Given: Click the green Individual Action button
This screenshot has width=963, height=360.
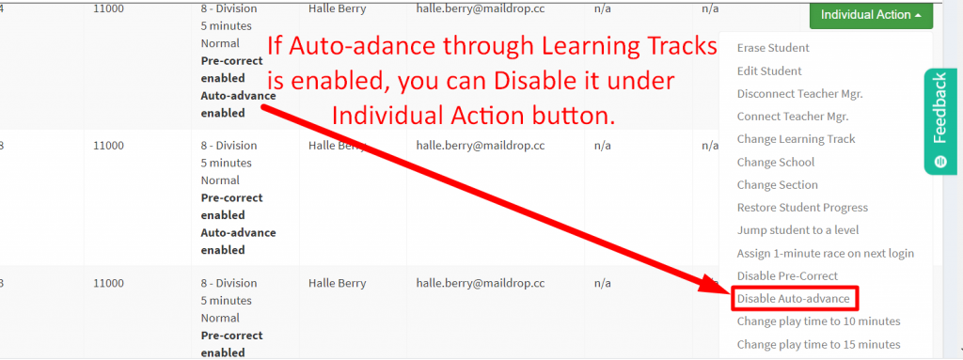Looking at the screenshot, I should (870, 15).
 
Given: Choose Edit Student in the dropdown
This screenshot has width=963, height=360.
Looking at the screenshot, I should (769, 70).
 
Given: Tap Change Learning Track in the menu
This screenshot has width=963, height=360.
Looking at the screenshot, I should (796, 139).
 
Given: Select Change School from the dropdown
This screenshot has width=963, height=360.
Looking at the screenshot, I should (776, 162).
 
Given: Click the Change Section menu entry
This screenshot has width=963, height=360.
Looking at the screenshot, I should (777, 185).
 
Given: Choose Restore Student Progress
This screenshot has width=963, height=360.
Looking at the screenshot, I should (802, 208).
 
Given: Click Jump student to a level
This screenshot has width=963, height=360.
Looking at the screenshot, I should (797, 230).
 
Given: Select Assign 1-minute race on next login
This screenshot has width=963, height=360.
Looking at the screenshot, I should (825, 253).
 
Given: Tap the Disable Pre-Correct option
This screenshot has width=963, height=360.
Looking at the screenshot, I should (786, 275).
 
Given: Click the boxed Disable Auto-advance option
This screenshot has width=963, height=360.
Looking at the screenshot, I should (794, 299).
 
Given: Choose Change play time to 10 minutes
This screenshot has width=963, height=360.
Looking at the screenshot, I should (818, 321).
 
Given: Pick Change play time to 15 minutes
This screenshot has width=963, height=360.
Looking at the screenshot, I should (818, 344).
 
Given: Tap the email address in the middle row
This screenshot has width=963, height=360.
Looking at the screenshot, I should (481, 146).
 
